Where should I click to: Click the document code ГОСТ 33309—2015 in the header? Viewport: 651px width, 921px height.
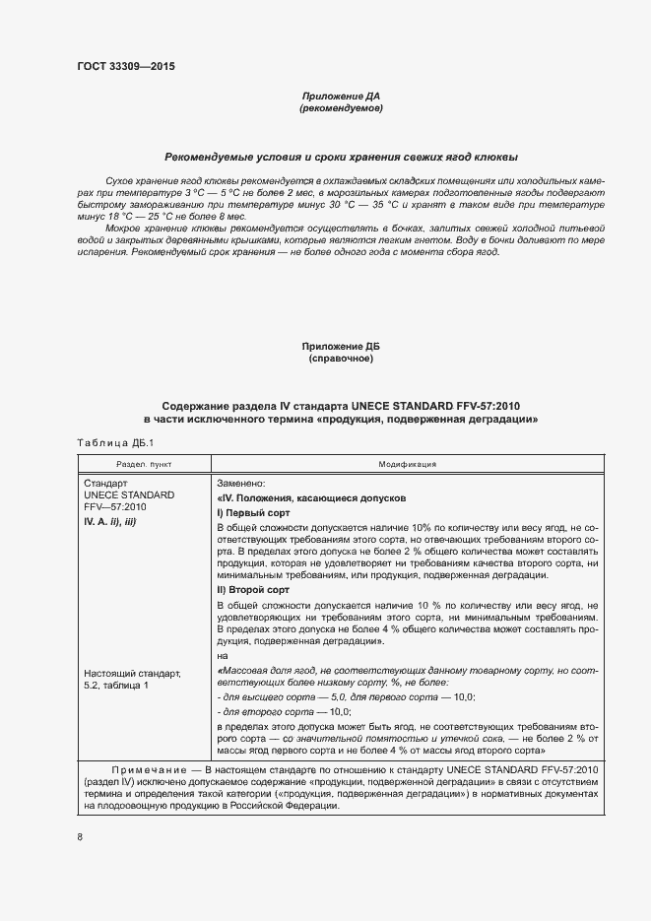[127, 66]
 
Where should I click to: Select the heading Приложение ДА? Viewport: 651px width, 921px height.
[340, 97]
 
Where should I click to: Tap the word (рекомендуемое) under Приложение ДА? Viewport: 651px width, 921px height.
[340, 108]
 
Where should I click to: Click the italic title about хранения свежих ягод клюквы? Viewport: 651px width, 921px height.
[341, 158]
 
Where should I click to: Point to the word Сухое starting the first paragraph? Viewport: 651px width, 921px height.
[117, 183]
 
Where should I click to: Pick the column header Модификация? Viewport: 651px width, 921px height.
[408, 463]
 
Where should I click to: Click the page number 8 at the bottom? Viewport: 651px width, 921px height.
[80, 837]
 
